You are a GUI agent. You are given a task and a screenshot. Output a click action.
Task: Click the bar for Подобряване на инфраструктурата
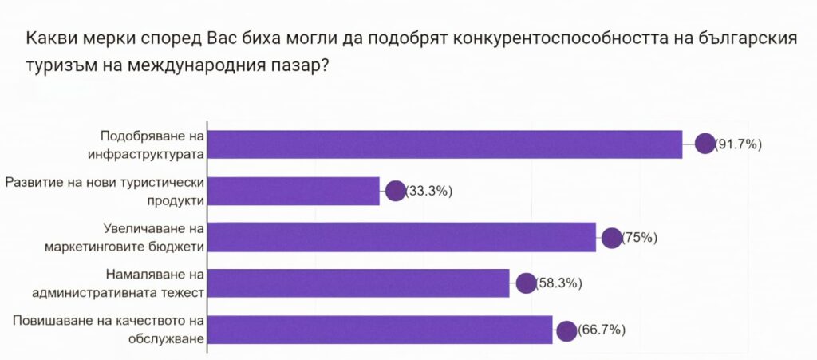(447, 144)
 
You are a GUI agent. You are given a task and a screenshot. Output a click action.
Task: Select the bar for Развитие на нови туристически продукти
(295, 191)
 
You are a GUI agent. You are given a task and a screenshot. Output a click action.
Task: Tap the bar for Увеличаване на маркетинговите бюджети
(403, 237)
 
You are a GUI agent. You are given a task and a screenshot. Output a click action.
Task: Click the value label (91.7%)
(739, 144)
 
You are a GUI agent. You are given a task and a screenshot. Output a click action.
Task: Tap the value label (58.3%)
(559, 283)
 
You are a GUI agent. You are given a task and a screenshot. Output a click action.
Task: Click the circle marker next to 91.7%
(705, 144)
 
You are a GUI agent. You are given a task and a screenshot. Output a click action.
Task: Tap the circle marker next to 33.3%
(395, 191)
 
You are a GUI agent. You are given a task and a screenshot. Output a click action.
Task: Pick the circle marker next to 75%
(612, 237)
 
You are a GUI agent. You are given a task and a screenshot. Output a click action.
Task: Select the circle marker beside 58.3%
(526, 283)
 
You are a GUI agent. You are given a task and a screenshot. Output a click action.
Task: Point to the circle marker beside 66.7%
(566, 330)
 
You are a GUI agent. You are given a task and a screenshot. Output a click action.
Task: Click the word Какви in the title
(50, 40)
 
